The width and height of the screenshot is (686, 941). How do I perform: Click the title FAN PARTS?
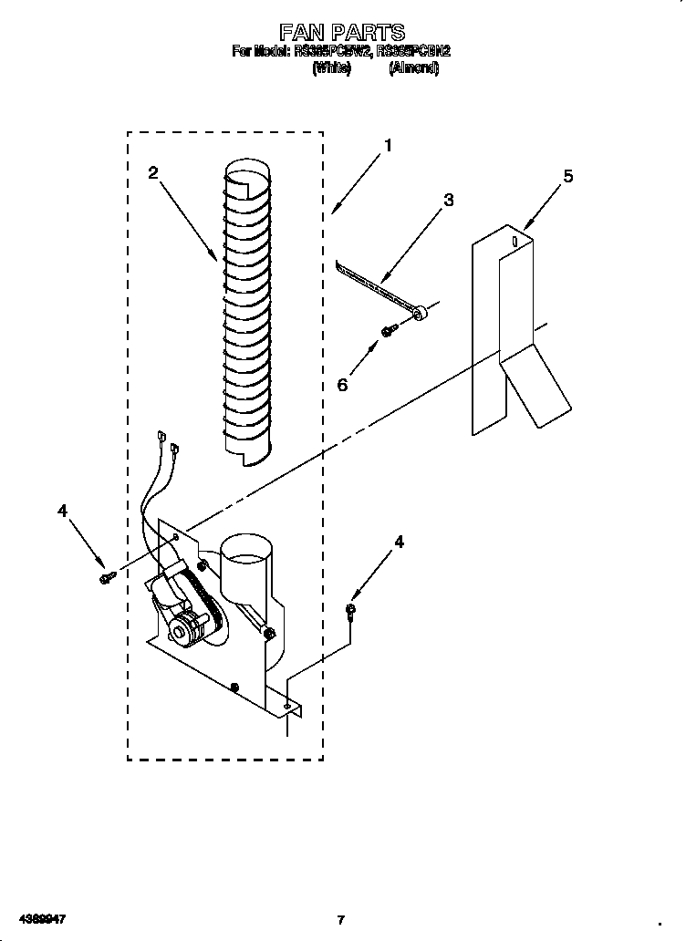(341, 34)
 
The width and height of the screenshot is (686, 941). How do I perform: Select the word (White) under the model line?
(331, 69)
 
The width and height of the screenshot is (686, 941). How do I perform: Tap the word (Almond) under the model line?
(413, 69)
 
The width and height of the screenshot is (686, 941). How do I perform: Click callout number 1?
(388, 145)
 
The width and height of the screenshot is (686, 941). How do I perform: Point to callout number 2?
(153, 172)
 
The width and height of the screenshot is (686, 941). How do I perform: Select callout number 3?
(448, 201)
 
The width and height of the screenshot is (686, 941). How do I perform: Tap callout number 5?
(568, 176)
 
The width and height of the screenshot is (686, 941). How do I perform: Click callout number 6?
(343, 385)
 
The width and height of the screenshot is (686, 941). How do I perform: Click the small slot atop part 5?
(515, 242)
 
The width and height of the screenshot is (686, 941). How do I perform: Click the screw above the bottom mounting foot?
(351, 610)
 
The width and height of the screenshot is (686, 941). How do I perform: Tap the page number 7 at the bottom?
(341, 919)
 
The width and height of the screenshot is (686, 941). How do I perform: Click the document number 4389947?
(38, 918)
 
